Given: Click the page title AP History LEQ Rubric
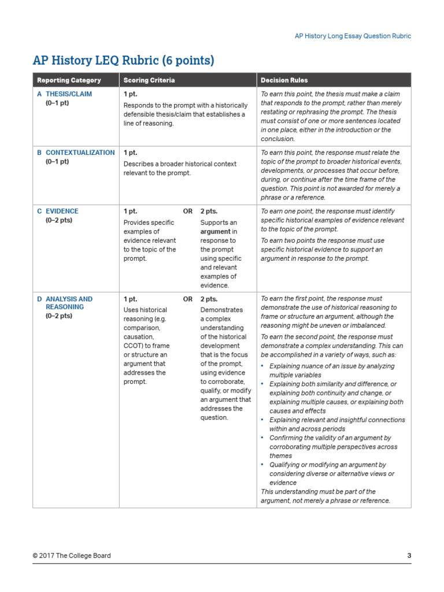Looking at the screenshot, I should coord(123,60).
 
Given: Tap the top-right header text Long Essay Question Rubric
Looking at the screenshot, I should coord(353,36).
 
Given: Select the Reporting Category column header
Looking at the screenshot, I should coord(69,80).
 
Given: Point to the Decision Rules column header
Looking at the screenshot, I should coord(284,80).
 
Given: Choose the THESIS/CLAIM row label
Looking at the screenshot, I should coord(68,94).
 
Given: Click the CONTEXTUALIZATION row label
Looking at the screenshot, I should coord(80,153).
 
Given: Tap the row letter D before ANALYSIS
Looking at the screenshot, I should coord(39,299).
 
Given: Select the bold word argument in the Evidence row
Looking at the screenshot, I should coord(216,231).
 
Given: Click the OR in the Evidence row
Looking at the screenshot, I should coord(188,212).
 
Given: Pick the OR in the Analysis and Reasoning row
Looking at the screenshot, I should coord(188,299).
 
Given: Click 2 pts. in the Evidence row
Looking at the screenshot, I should coord(209,212).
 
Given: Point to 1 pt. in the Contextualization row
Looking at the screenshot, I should coord(130,153).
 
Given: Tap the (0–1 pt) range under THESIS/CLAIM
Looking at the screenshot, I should coord(57,103).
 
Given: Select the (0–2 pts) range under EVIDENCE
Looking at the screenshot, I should coord(59,220).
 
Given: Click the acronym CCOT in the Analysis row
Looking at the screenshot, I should coord(134,346).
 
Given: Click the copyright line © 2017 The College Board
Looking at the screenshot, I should coord(72,556).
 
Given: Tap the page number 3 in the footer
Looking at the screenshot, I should coord(409,556).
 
